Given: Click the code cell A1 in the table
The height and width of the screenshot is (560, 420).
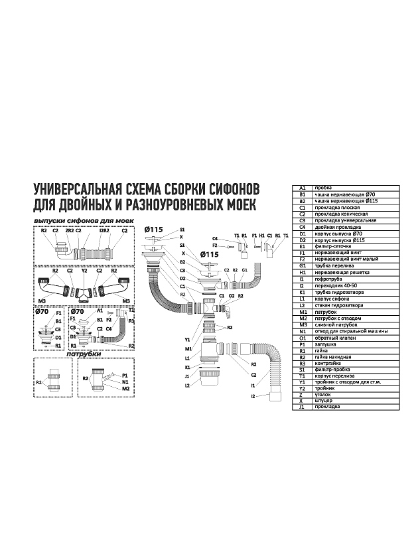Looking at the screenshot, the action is [303, 188].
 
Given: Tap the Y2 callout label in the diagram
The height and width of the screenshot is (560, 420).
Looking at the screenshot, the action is [84, 270].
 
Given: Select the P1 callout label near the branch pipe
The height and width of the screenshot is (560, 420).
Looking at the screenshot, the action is [124, 375].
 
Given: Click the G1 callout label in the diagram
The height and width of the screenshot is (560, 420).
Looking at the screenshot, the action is [244, 270].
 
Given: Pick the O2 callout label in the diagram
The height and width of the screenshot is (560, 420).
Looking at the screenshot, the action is [232, 295].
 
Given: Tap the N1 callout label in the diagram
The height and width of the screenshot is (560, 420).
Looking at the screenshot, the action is [125, 382].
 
